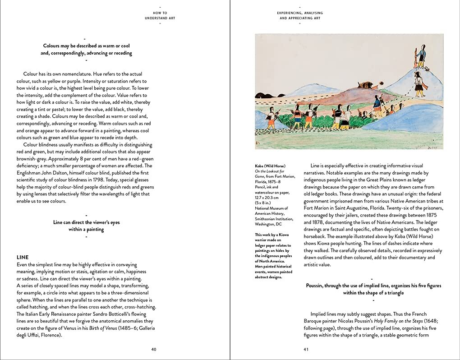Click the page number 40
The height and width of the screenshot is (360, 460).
click(x=154, y=349)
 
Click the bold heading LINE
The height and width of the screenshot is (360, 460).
click(x=23, y=257)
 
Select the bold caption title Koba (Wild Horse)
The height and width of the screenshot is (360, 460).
click(x=270, y=166)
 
